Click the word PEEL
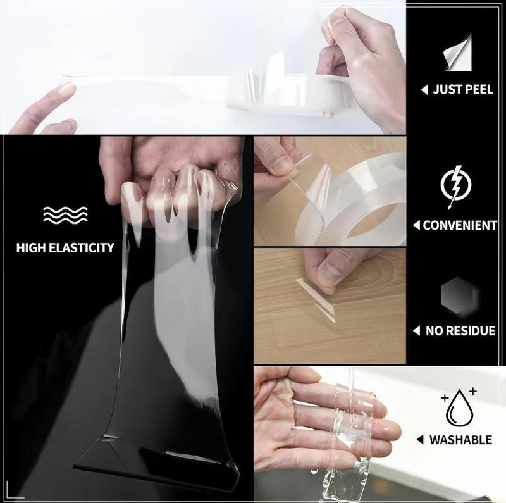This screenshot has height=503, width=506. pyautogui.click(x=477, y=89)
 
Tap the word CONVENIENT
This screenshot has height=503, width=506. pyautogui.click(x=460, y=225)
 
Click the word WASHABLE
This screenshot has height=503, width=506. pyautogui.click(x=460, y=440)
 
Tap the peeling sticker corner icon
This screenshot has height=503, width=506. pyautogui.click(x=458, y=52)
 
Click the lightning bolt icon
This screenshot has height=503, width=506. pyautogui.click(x=455, y=187)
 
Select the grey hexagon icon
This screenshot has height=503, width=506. pyautogui.click(x=458, y=295)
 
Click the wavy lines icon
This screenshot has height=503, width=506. pyautogui.click(x=66, y=215)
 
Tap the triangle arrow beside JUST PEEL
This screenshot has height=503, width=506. pyautogui.click(x=424, y=90)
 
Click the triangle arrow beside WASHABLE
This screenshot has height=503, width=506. pyautogui.click(x=420, y=440)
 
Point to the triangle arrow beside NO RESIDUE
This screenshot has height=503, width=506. pyautogui.click(x=417, y=331)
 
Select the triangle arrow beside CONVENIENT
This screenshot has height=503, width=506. pyautogui.click(x=417, y=225)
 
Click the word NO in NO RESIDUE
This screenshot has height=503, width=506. pyautogui.click(x=433, y=331)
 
